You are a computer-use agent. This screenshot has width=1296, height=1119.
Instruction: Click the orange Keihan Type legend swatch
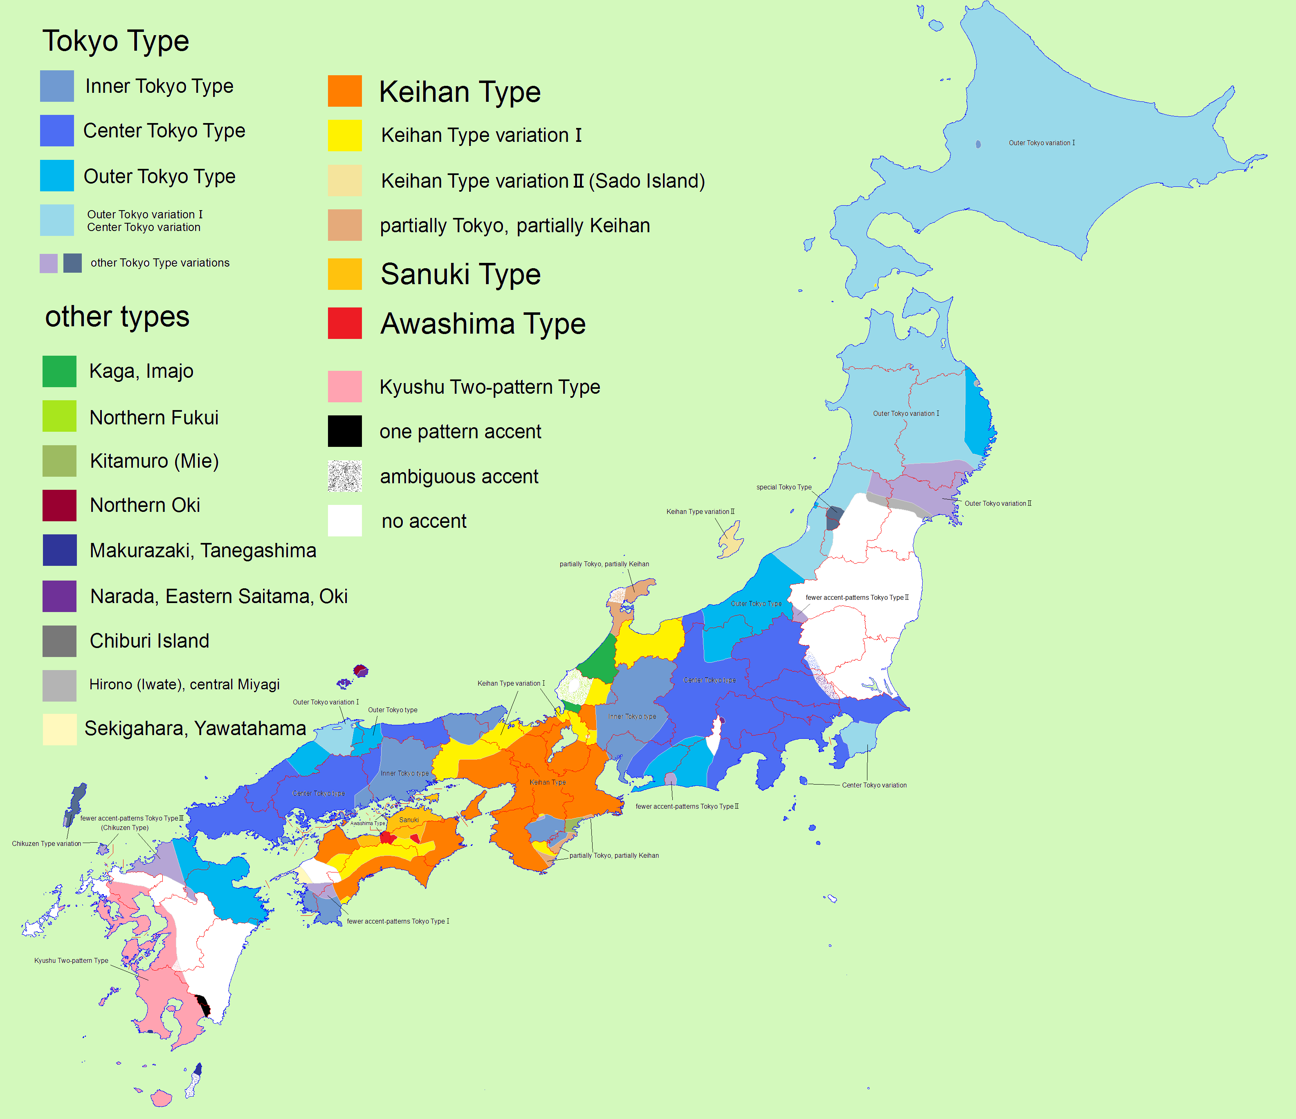[x=345, y=91]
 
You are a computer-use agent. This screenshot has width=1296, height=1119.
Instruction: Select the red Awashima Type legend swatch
[x=345, y=323]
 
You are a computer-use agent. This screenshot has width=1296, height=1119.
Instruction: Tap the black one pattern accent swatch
[x=345, y=431]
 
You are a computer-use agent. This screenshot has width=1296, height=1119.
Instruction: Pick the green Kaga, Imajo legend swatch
[x=59, y=371]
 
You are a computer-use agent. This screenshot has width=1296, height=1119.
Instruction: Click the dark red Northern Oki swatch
[x=59, y=505]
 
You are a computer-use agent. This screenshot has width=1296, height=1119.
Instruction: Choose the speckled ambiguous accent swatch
[x=345, y=476]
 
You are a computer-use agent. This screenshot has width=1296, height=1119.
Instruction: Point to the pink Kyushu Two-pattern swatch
[x=345, y=386]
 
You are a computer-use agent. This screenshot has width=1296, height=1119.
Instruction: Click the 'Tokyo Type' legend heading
[x=116, y=41]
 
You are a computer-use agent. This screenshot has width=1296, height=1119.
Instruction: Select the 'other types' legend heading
[x=117, y=316]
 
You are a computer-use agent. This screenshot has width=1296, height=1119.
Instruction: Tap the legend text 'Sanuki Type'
[x=460, y=274]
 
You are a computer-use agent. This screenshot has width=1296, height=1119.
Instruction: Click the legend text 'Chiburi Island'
[x=150, y=641]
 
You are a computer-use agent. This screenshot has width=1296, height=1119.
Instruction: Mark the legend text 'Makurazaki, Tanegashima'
[x=203, y=551]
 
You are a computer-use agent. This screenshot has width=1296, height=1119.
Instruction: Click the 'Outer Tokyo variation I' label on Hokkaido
[x=1042, y=143]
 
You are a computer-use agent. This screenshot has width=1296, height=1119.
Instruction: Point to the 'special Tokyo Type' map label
[x=784, y=487]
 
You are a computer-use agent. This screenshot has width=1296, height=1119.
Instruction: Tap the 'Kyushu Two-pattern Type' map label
[x=71, y=960]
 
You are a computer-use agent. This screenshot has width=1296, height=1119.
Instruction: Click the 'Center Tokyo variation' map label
[x=874, y=785]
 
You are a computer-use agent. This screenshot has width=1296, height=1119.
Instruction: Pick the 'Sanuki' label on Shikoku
[x=409, y=820]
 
